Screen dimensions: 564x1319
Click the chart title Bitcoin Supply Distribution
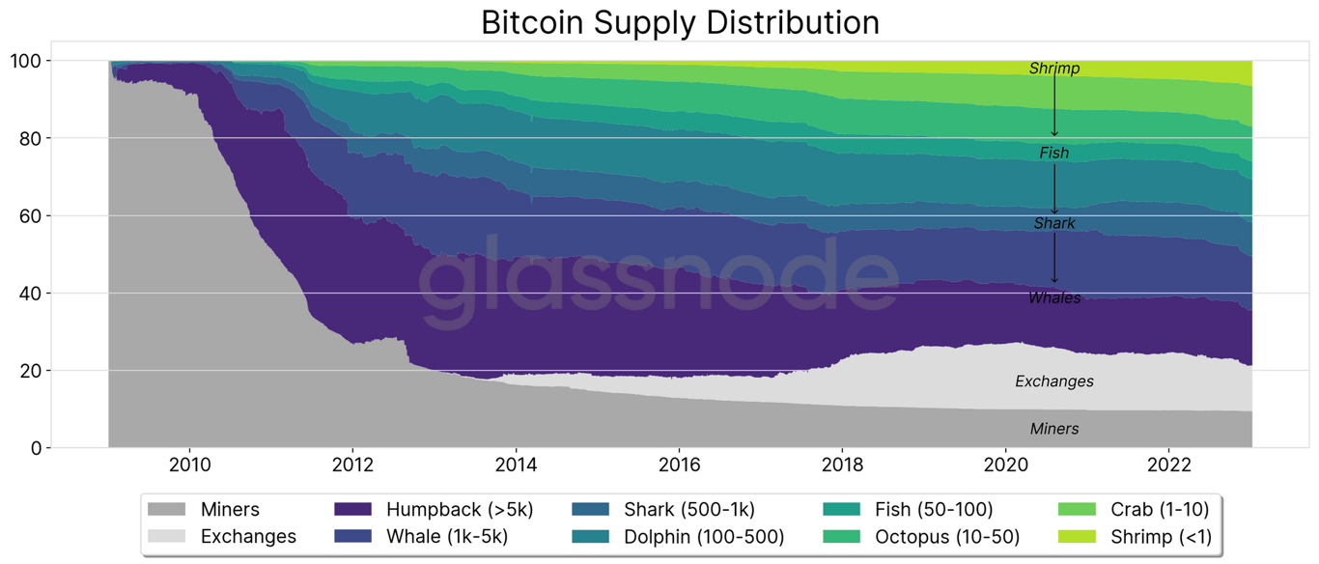click(680, 22)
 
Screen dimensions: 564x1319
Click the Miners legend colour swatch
click(166, 509)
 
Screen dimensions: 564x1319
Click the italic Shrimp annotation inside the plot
click(1054, 69)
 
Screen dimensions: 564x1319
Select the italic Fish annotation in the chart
click(1054, 153)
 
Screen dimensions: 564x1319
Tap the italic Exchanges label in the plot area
click(1054, 381)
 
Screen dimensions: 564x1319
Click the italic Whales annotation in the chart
click(1054, 297)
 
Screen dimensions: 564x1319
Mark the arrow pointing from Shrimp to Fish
click(1054, 106)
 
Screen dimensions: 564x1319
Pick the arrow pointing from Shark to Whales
click(1054, 259)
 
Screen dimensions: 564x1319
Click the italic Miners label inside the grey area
click(1054, 429)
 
